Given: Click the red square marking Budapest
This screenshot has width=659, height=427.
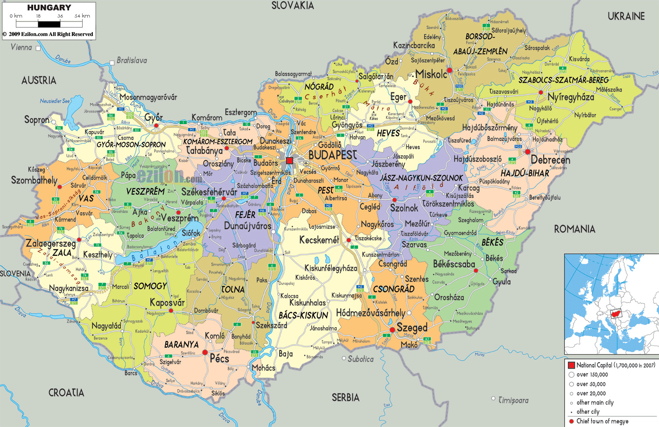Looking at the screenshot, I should (289, 161).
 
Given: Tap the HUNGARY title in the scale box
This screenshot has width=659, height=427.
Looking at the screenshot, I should (49, 7).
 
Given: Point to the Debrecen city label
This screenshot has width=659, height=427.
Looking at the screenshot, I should (550, 160).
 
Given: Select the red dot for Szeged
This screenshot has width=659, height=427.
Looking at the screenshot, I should (393, 329).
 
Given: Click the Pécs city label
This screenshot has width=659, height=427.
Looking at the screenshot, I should (219, 358).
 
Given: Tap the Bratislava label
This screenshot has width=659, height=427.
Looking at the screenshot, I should (132, 60).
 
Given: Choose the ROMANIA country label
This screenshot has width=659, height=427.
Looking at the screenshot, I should (575, 229).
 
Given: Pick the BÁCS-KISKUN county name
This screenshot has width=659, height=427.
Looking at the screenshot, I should (303, 315).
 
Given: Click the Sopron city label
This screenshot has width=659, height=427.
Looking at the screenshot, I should (37, 120).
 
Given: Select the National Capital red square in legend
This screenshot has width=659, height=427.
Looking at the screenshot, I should (571, 365).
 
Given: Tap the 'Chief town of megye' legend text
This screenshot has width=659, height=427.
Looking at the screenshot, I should (602, 421).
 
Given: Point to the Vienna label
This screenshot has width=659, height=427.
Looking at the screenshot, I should (21, 47).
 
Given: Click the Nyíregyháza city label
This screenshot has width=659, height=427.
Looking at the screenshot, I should (571, 97).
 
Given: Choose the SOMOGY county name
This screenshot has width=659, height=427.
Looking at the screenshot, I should (150, 286).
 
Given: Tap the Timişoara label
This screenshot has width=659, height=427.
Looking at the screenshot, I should (513, 400).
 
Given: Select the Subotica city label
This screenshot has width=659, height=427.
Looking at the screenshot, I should (360, 359).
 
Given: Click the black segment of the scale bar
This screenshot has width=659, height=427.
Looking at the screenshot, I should (49, 24).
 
